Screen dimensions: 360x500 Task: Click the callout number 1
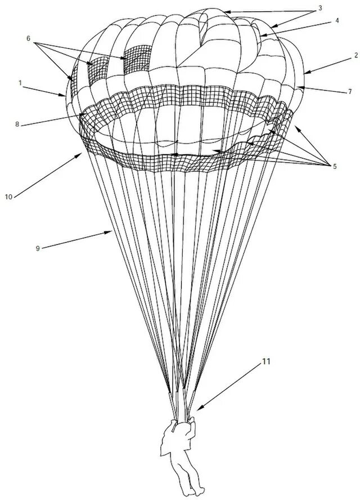[20, 83]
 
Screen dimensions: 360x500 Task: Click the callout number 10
[8, 197]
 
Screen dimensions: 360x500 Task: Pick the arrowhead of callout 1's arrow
[67, 96]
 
